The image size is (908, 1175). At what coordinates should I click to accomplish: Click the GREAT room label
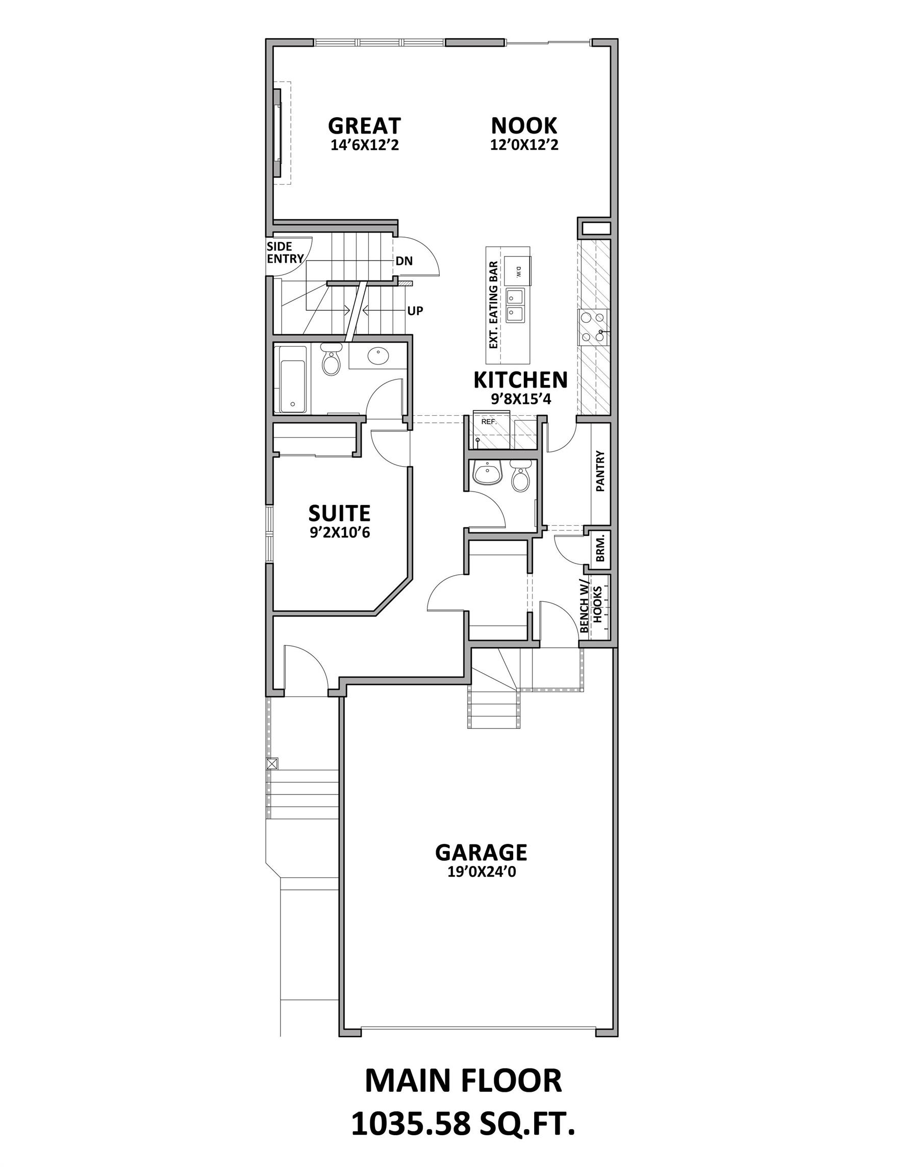pos(364,126)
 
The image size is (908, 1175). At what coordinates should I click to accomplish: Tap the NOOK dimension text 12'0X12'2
pos(524,145)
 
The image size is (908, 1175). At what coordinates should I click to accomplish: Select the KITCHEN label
pos(520,380)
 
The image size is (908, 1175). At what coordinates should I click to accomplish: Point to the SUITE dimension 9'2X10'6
pos(339,533)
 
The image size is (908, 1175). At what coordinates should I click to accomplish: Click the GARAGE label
pos(481,852)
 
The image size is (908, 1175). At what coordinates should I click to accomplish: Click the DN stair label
pos(404,262)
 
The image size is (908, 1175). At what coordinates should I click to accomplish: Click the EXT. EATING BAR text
pos(493,304)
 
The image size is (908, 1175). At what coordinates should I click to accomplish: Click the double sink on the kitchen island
pos(516,304)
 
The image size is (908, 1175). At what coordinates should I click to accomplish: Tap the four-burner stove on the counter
pos(593,327)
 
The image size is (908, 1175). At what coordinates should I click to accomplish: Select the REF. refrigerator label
pos(488,422)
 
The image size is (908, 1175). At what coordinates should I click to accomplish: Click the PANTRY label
pos(601,471)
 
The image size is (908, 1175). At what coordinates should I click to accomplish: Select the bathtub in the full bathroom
pos(292,379)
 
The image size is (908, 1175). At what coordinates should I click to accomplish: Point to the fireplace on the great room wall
pos(278,133)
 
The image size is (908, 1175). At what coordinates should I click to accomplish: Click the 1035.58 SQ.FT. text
pos(463,1125)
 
